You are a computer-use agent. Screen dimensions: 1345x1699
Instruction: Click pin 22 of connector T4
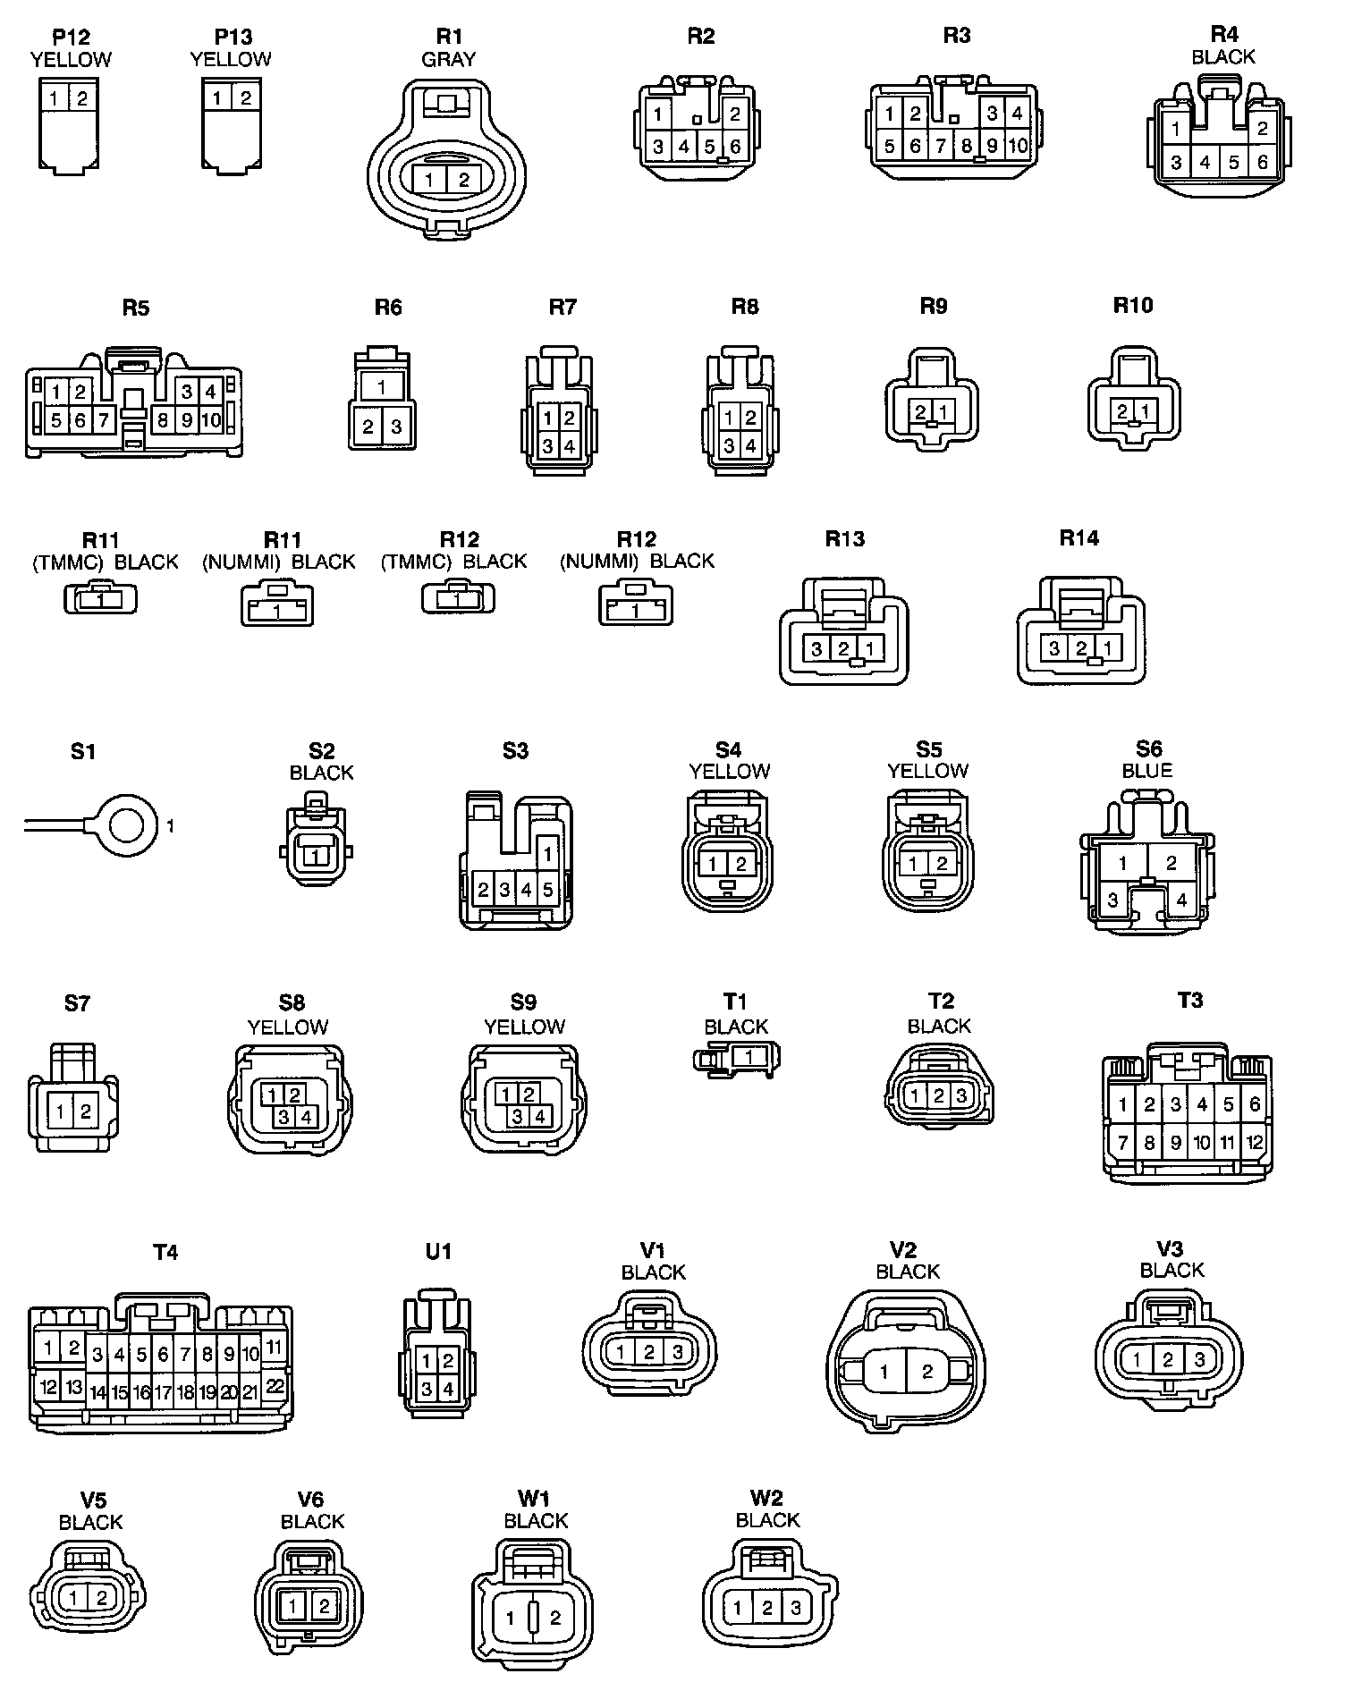[275, 1386]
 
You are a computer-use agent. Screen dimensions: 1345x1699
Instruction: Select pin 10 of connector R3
[1018, 145]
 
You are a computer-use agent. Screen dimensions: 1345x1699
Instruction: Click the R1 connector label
[449, 36]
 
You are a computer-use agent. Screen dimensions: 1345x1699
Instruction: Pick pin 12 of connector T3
[1255, 1141]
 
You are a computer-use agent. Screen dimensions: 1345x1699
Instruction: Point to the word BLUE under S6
[1146, 770]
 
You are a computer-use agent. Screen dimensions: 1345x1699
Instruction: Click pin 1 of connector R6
[382, 387]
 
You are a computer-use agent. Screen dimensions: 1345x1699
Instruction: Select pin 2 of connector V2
[927, 1372]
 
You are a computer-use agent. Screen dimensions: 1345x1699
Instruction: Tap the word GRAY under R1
[449, 59]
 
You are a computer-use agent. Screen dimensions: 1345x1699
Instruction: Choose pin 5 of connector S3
[548, 890]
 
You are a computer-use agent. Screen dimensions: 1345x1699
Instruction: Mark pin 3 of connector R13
[816, 648]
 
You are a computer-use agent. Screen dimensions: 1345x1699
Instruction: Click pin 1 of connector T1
[749, 1057]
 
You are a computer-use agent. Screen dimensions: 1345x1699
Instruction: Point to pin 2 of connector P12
[81, 97]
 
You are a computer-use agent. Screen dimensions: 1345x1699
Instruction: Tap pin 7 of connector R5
[103, 419]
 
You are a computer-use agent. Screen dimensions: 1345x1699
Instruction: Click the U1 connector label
[438, 1252]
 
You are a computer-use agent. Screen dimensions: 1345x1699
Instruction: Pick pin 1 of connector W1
[511, 1617]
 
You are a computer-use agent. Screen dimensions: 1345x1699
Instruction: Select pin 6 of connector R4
[1262, 162]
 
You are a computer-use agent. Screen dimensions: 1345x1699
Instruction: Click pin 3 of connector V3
[1199, 1360]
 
